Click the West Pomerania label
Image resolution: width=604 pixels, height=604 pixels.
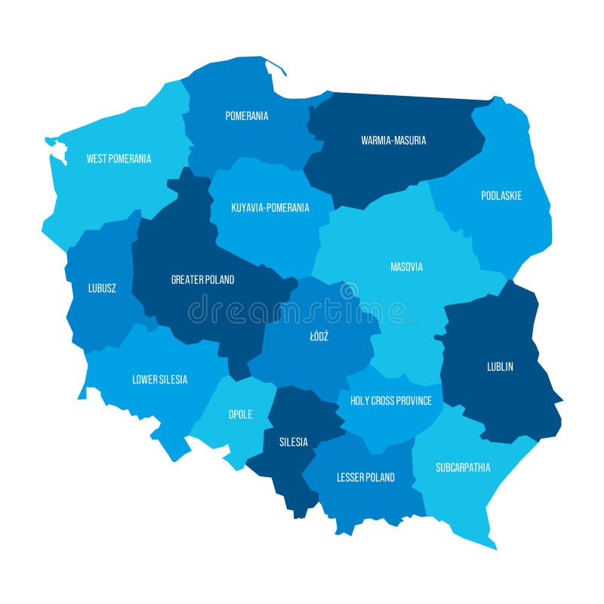click(x=119, y=159)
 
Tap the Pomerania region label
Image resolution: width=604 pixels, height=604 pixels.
click(x=247, y=116)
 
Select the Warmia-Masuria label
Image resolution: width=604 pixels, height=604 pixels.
click(x=393, y=140)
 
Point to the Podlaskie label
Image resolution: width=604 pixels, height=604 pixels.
click(x=501, y=196)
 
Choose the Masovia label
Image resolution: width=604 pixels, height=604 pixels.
click(x=406, y=267)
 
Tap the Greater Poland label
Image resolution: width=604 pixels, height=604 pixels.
click(x=202, y=279)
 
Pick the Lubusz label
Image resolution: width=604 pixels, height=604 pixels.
click(x=102, y=288)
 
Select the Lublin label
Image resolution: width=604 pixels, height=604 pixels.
click(x=500, y=367)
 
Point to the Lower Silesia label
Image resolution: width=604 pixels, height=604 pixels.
click(x=160, y=380)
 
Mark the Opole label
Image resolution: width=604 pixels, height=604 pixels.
click(x=240, y=414)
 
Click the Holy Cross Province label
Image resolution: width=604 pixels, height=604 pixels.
click(x=391, y=401)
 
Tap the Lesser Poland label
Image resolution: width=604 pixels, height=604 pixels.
click(x=365, y=477)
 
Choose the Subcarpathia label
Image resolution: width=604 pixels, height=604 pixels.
click(x=463, y=467)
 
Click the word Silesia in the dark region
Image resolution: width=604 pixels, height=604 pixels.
click(x=294, y=442)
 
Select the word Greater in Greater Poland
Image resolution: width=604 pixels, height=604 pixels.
click(x=188, y=279)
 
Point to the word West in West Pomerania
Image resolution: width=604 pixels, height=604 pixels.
click(x=96, y=159)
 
